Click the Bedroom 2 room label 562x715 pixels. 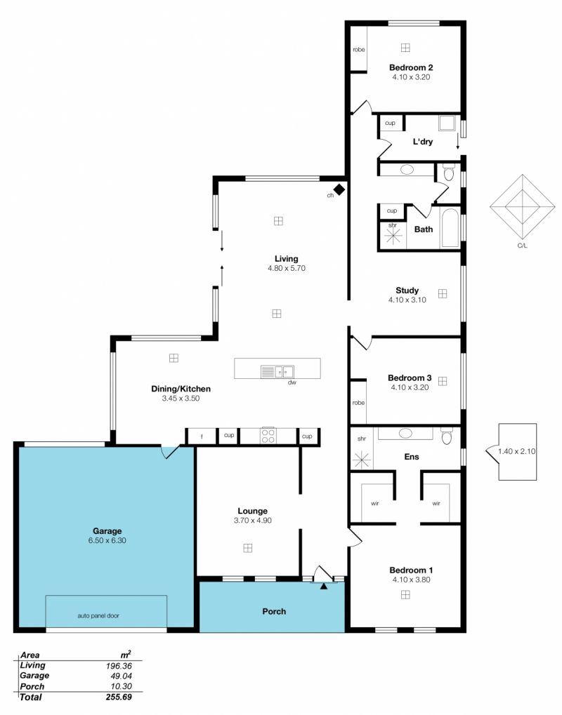411,67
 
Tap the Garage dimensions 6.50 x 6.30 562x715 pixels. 107,540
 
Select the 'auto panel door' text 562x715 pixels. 98,615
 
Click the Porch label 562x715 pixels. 274,611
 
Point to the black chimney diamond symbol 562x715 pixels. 339,189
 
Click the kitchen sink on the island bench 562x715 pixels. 277,372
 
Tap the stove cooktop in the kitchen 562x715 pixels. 268,436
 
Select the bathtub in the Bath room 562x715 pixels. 450,228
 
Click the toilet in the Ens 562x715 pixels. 447,436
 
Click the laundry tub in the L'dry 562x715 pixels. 447,123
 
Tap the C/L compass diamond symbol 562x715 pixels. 522,207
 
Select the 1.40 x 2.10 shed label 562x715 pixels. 517,451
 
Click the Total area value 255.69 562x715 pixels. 118,697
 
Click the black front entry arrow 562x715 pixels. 324,586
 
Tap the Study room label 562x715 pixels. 407,290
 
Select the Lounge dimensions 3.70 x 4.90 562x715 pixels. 252,521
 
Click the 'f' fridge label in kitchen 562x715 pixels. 202,437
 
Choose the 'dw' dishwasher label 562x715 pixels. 292,382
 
